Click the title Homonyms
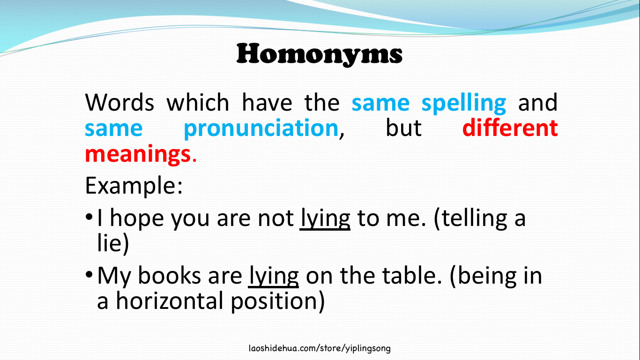tap(320, 54)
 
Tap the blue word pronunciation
tap(260, 128)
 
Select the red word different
tap(510, 128)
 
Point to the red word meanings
tap(138, 153)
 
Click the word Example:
tap(134, 186)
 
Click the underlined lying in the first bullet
tap(325, 218)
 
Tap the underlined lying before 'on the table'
tap(274, 276)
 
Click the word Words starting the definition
tap(119, 102)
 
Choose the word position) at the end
tap(277, 301)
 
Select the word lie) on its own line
tap(112, 244)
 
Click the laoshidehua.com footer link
tap(320, 348)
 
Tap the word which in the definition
tap(198, 102)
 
